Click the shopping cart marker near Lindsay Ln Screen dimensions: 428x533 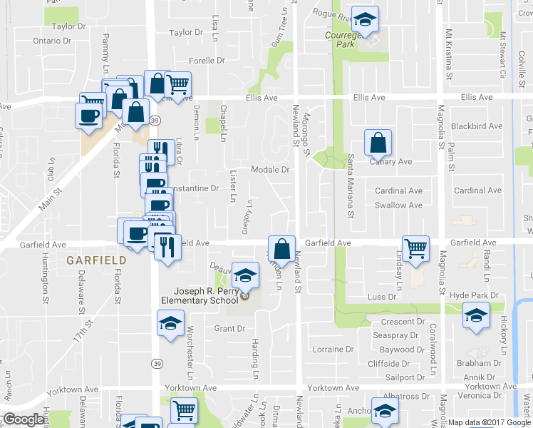pos(415,248)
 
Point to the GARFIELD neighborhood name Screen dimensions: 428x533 pos(97,260)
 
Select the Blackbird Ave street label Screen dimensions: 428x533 pos(477,126)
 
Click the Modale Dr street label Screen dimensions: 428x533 pos(270,170)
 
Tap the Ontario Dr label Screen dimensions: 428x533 pos(52,41)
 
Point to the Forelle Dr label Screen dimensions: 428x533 pos(207,61)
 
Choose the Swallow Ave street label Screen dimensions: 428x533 pos(398,205)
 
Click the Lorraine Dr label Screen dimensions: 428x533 pos(333,350)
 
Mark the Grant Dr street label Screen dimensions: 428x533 pos(229,329)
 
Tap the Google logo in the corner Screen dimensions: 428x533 pos(24,419)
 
